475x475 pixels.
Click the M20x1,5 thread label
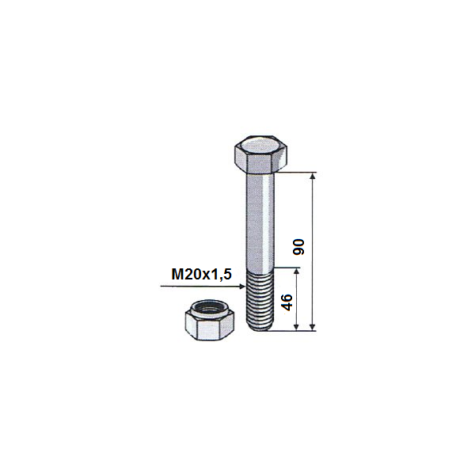201,274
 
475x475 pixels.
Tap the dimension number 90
298,247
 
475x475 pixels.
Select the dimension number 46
287,302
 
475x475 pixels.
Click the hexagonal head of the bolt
260,154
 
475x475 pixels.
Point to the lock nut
209,320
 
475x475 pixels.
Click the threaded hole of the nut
209,309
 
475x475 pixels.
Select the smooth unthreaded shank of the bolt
260,221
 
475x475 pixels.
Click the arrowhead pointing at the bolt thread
241,287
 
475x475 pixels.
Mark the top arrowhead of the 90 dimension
313,177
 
